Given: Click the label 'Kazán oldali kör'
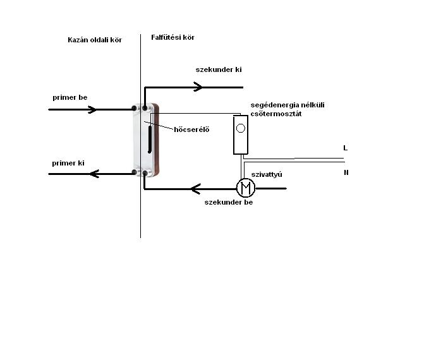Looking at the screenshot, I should (94, 40).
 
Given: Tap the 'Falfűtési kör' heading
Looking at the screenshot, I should (173, 37).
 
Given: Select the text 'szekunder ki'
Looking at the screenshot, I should (218, 69).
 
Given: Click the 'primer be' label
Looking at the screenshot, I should (70, 98).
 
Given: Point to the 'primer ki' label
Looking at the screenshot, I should (68, 163).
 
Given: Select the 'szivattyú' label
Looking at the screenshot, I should (266, 174).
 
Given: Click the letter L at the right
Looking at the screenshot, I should (345, 148).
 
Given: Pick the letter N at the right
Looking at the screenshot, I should (346, 172).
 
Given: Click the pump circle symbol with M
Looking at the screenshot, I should (245, 188).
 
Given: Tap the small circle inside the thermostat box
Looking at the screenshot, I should (241, 129).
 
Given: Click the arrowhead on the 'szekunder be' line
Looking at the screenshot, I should (197, 188).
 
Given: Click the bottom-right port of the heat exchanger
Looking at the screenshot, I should (145, 172).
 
